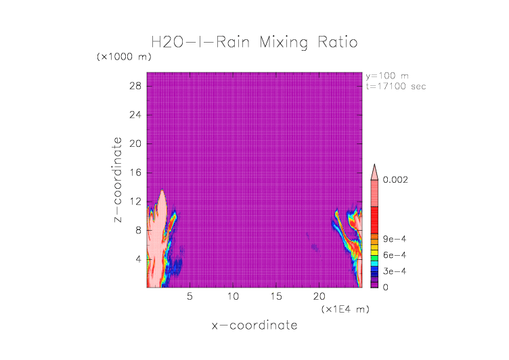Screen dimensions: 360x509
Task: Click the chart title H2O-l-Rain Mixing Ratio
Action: pyautogui.click(x=255, y=42)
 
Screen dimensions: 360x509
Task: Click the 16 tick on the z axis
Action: pyautogui.click(x=135, y=173)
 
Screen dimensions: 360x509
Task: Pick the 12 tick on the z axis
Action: pyautogui.click(x=135, y=201)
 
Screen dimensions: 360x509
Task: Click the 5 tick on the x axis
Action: pyautogui.click(x=190, y=296)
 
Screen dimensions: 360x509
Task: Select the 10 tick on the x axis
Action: pyautogui.click(x=234, y=296)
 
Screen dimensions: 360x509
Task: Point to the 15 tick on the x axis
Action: pyautogui.click(x=276, y=296)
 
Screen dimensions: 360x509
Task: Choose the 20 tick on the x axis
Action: pyautogui.click(x=319, y=296)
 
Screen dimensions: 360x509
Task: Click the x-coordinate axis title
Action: pyautogui.click(x=255, y=325)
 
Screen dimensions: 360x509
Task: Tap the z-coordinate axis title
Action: pyautogui.click(x=118, y=180)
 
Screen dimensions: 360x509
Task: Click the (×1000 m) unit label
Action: pyautogui.click(x=125, y=57)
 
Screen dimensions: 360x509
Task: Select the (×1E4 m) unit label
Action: pyautogui.click(x=343, y=309)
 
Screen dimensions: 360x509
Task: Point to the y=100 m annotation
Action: pyautogui.click(x=387, y=76)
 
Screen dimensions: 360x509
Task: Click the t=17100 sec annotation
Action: pyautogui.click(x=396, y=86)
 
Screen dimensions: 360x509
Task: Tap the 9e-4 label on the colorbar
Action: pyautogui.click(x=393, y=239)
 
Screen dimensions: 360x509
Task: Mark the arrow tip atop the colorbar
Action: pyautogui.click(x=374, y=165)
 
